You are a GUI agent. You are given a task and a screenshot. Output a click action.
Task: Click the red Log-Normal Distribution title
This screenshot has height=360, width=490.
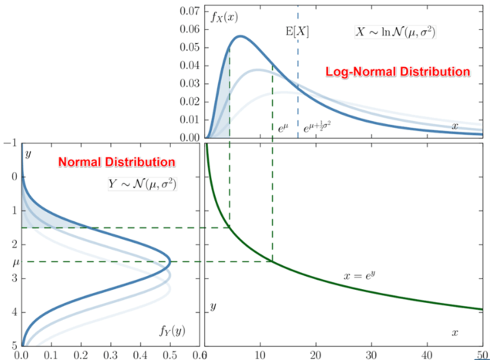click(x=398, y=71)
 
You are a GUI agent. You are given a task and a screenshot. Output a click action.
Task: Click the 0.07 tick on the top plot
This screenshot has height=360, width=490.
click(x=188, y=12)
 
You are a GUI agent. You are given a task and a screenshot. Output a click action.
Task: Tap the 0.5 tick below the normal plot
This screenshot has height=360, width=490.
click(x=169, y=354)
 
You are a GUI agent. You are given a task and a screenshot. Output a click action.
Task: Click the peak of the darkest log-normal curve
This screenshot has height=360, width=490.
click(x=240, y=36)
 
